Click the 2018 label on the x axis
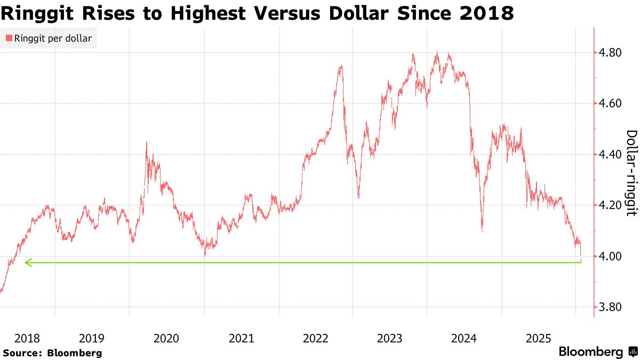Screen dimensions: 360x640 point(27,338)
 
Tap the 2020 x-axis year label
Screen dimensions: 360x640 point(166,338)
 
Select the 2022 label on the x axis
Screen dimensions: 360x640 point(315,338)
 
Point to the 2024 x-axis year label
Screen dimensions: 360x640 point(464,338)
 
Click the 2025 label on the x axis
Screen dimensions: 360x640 point(538,338)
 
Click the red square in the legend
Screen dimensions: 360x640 point(8,38)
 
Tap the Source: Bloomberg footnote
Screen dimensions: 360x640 point(52,353)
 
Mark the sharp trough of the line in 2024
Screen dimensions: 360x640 point(482,231)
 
